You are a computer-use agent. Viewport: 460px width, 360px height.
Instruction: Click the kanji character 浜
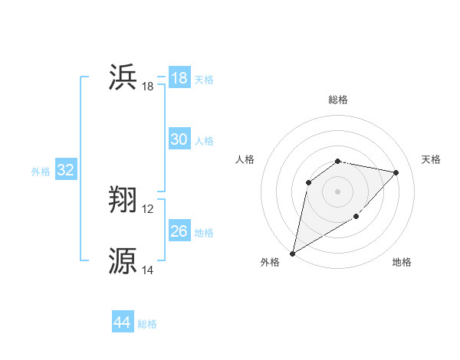[123, 78]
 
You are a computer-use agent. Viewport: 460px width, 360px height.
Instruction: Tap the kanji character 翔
[123, 201]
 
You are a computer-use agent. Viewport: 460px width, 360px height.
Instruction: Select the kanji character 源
[123, 261]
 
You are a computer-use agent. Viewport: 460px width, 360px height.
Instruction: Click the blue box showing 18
[179, 78]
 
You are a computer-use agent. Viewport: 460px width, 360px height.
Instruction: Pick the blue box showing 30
[179, 139]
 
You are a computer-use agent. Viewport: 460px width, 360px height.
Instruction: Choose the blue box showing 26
[179, 231]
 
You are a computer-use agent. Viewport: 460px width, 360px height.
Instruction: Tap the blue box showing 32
[65, 170]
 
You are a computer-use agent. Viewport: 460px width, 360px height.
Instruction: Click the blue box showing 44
[123, 322]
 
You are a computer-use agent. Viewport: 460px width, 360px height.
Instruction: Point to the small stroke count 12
[148, 209]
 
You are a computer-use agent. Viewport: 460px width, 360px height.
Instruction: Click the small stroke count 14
[148, 270]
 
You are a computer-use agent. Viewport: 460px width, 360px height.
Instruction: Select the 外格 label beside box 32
[41, 172]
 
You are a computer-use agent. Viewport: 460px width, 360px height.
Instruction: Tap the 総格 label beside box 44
[147, 324]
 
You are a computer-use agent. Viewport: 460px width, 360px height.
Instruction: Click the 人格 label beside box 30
[204, 141]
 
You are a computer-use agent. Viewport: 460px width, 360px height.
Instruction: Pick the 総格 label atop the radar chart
[338, 100]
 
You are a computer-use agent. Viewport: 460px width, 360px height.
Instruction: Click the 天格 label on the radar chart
[432, 159]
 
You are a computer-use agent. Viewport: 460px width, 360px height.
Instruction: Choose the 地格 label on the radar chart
[402, 262]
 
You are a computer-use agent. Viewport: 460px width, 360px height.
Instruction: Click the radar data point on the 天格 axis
[396, 172]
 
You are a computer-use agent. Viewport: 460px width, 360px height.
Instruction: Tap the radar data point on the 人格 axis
[309, 182]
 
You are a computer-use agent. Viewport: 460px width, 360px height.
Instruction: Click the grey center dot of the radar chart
[338, 191]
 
